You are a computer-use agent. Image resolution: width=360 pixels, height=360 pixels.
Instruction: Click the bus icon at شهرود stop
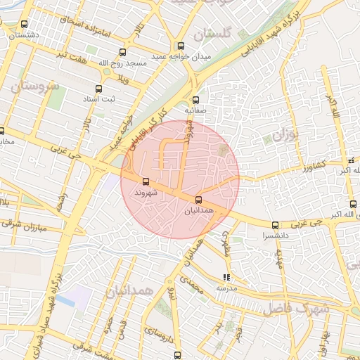[x=146, y=182]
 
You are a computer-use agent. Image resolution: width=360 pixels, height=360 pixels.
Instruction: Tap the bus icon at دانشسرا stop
[x=274, y=225]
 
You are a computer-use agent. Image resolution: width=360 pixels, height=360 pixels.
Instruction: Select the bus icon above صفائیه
[x=195, y=100]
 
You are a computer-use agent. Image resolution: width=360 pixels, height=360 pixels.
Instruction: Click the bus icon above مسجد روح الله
[x=124, y=52]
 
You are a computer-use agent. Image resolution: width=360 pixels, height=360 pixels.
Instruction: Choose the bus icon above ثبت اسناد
[x=98, y=89]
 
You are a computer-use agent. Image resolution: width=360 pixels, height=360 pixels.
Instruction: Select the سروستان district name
[x=34, y=86]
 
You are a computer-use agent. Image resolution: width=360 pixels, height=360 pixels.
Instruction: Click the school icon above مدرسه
[x=226, y=278]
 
